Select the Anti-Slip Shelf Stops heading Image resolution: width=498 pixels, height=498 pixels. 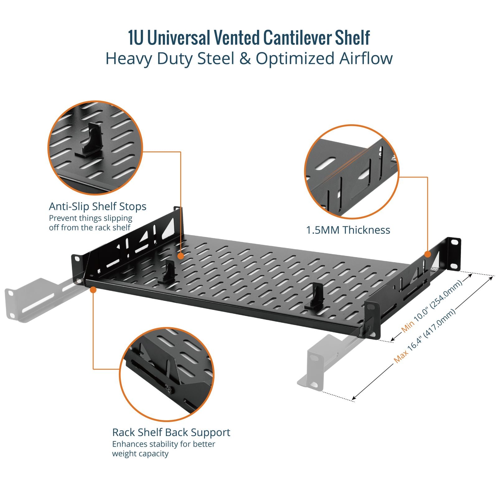click(x=97, y=206)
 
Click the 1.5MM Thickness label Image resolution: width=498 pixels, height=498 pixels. click(x=348, y=230)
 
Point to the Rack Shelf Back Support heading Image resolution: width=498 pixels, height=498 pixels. click(x=171, y=433)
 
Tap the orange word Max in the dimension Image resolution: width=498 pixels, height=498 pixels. click(x=401, y=357)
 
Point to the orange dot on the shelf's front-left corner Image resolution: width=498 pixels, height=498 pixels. click(x=93, y=290)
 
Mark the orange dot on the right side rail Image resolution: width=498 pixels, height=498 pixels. click(x=428, y=254)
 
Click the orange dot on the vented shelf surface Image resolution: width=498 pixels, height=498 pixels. click(x=181, y=256)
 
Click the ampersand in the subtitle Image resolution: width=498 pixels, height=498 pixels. click(x=245, y=59)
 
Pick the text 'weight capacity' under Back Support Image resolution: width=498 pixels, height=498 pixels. click(x=140, y=454)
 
